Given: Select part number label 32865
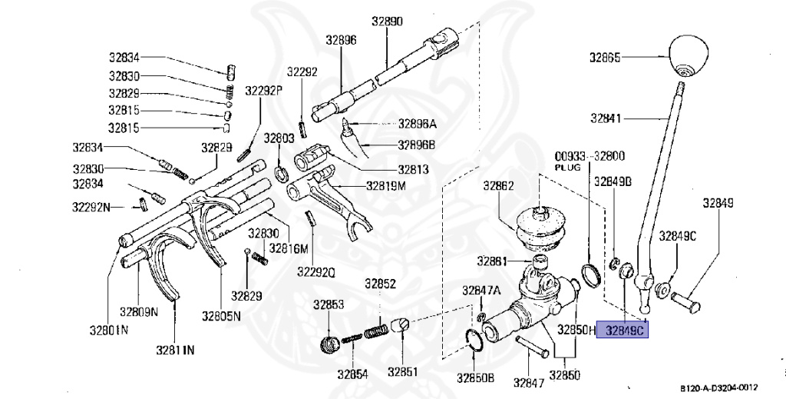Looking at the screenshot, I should tap(605, 57).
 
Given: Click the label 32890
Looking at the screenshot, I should tap(387, 22).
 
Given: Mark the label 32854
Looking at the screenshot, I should tap(352, 374).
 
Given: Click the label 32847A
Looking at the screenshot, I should tap(481, 290).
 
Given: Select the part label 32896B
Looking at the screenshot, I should tap(417, 144).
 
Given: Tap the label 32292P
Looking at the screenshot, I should tap(264, 91).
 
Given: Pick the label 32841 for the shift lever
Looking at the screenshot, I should tap(606, 118).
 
